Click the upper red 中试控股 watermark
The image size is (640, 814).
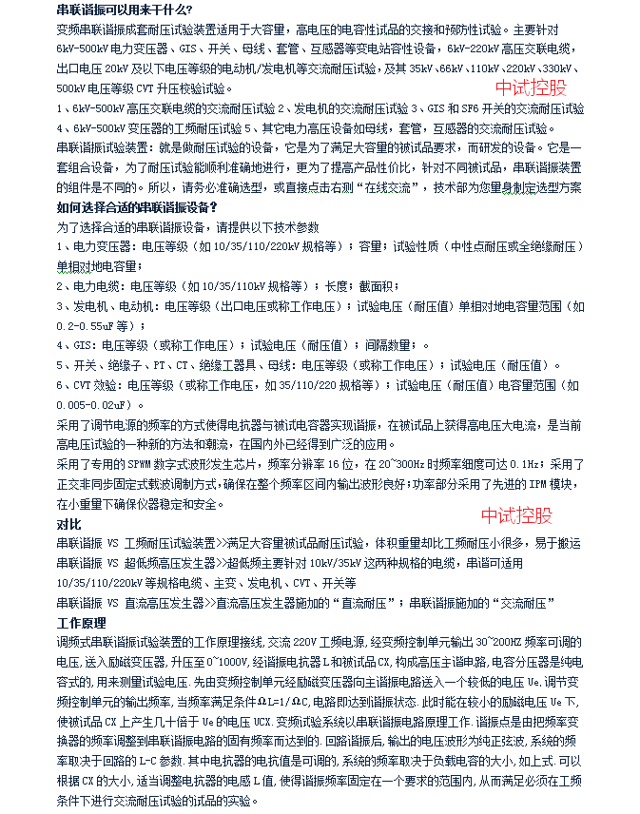pyautogui.click(x=531, y=89)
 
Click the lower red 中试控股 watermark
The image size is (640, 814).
pyautogui.click(x=516, y=515)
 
